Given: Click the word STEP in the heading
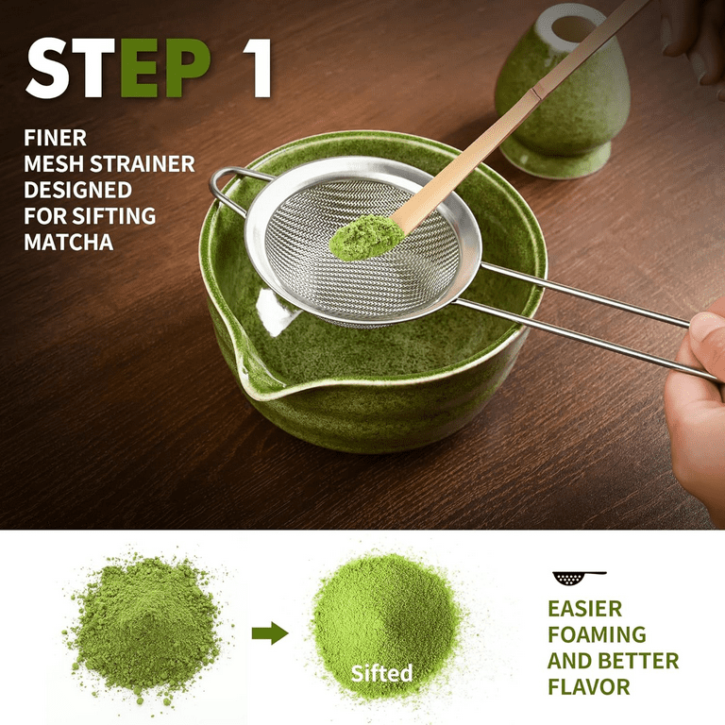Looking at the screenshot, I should pos(118,68).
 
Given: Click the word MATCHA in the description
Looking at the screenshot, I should pos(68,242).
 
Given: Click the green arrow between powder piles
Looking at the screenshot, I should pos(270,633).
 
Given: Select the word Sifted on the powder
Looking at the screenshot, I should pos(381,673).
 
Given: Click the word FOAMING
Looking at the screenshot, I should pos(597,634).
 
